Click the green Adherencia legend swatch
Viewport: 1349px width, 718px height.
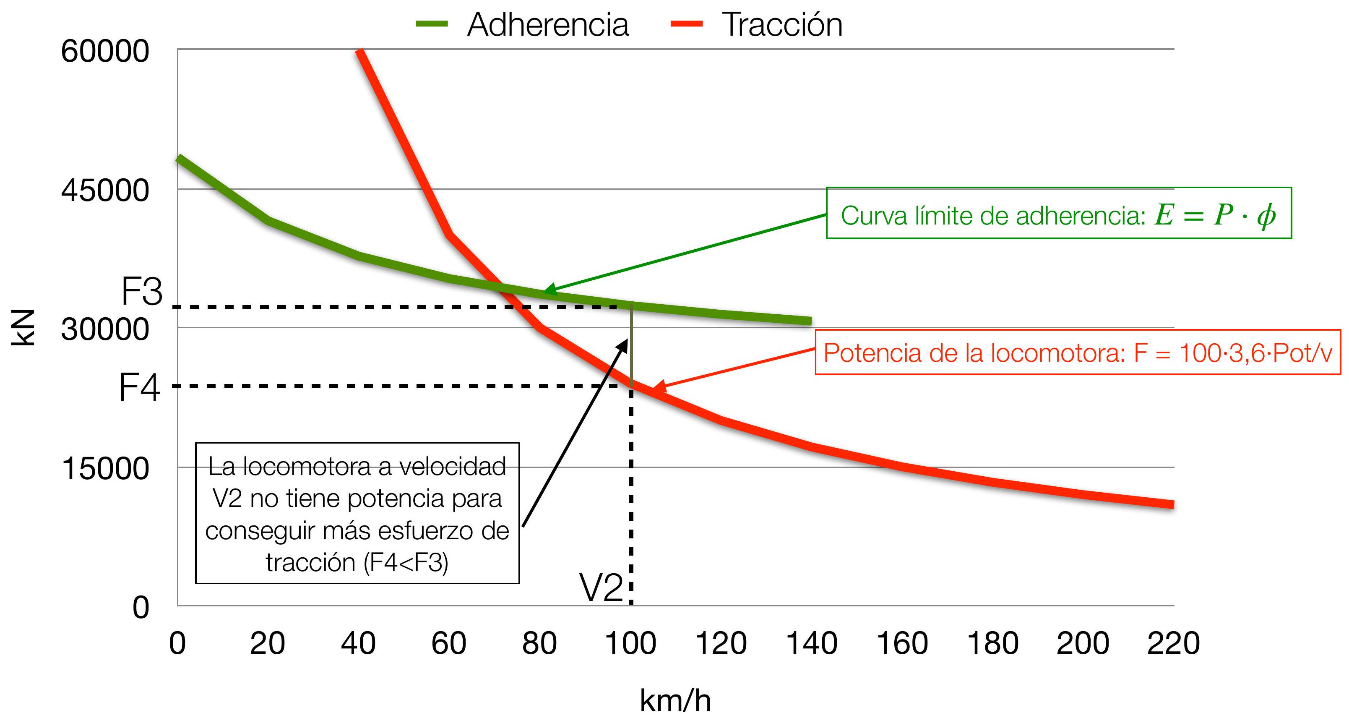pos(432,23)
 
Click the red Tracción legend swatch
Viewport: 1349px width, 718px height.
pos(687,23)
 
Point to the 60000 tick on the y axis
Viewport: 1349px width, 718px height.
pos(105,51)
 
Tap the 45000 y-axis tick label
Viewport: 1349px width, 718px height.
pos(105,190)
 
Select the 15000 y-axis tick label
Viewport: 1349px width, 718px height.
pos(105,468)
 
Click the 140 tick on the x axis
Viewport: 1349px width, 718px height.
pos(812,643)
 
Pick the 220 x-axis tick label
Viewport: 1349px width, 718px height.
pos(1173,643)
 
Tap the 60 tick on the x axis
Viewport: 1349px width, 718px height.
pos(448,643)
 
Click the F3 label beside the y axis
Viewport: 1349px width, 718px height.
pos(142,291)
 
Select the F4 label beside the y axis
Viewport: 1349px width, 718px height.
pos(139,388)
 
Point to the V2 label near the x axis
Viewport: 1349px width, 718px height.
pos(601,587)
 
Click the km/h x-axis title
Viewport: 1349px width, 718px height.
pos(675,700)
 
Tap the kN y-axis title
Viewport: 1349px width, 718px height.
pos(23,328)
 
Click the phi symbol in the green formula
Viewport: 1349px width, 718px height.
pos(1266,215)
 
